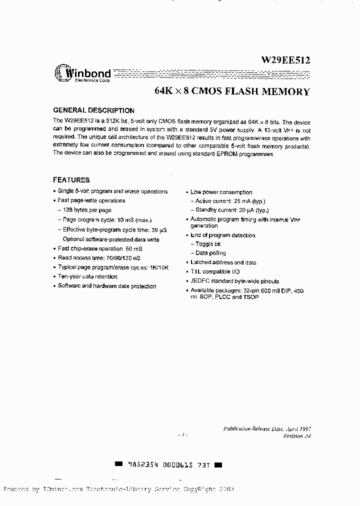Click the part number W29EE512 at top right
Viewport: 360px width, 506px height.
(x=285, y=60)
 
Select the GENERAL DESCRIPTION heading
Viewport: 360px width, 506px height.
(x=93, y=110)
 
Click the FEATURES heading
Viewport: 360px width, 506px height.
(x=71, y=180)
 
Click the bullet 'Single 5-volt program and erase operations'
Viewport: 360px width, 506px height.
(x=112, y=191)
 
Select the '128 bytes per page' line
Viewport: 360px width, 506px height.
(x=87, y=210)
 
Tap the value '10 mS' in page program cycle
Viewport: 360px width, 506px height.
(x=127, y=220)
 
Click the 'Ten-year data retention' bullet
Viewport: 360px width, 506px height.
(x=87, y=276)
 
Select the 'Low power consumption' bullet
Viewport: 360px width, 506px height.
(x=221, y=192)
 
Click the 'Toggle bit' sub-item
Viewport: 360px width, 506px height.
(x=207, y=244)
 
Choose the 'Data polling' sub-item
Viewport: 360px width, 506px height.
(x=210, y=253)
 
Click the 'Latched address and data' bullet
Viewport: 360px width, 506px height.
(x=223, y=262)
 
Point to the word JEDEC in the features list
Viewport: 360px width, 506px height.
(x=201, y=281)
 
